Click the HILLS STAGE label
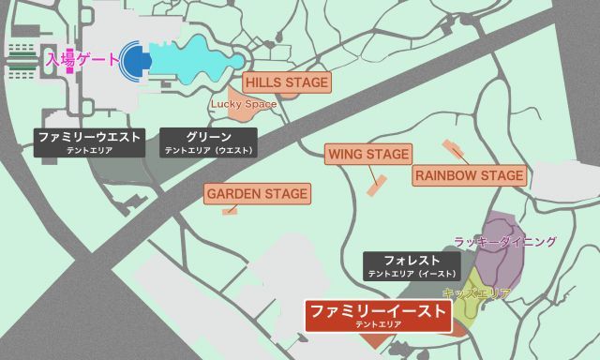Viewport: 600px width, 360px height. tap(288, 83)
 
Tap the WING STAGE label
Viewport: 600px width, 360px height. tap(368, 154)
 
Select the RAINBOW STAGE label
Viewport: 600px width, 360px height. tap(469, 176)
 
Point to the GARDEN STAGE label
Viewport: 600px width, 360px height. tap(257, 194)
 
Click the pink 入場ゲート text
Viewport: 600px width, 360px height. tap(82, 59)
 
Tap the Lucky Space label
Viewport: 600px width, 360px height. tap(243, 104)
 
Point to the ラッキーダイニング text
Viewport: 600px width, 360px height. tap(504, 242)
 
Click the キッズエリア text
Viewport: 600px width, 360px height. tap(475, 293)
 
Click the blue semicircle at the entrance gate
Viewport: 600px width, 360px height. tap(136, 60)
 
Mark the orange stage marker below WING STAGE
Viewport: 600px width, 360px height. tap(377, 185)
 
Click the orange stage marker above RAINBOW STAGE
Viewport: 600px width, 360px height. tap(454, 148)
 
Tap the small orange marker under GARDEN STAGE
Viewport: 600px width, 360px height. tap(229, 212)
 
